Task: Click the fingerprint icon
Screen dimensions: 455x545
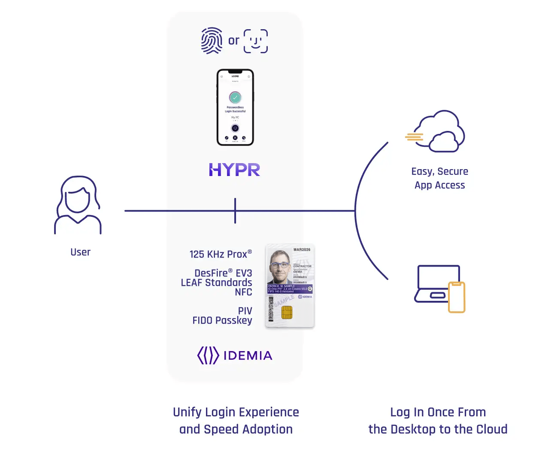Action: (212, 41)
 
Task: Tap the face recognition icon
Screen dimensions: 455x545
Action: (256, 41)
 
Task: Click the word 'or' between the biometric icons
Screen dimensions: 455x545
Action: (233, 41)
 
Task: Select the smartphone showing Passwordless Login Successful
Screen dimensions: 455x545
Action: (235, 107)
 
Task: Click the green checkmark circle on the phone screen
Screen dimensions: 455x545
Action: (235, 97)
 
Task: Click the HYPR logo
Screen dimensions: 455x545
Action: (234, 170)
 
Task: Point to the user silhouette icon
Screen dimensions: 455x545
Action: (78, 205)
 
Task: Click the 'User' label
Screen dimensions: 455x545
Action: (80, 252)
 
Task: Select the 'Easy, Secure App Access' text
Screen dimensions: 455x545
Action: (439, 178)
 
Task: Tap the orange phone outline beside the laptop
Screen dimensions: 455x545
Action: (457, 297)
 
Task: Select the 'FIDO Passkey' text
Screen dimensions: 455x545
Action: (222, 320)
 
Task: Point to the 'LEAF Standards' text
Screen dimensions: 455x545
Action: (216, 282)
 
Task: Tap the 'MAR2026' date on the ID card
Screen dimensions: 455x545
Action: (302, 249)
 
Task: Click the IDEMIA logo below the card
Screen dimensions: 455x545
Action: (234, 355)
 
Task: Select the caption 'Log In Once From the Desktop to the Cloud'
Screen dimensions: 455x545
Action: (438, 421)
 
